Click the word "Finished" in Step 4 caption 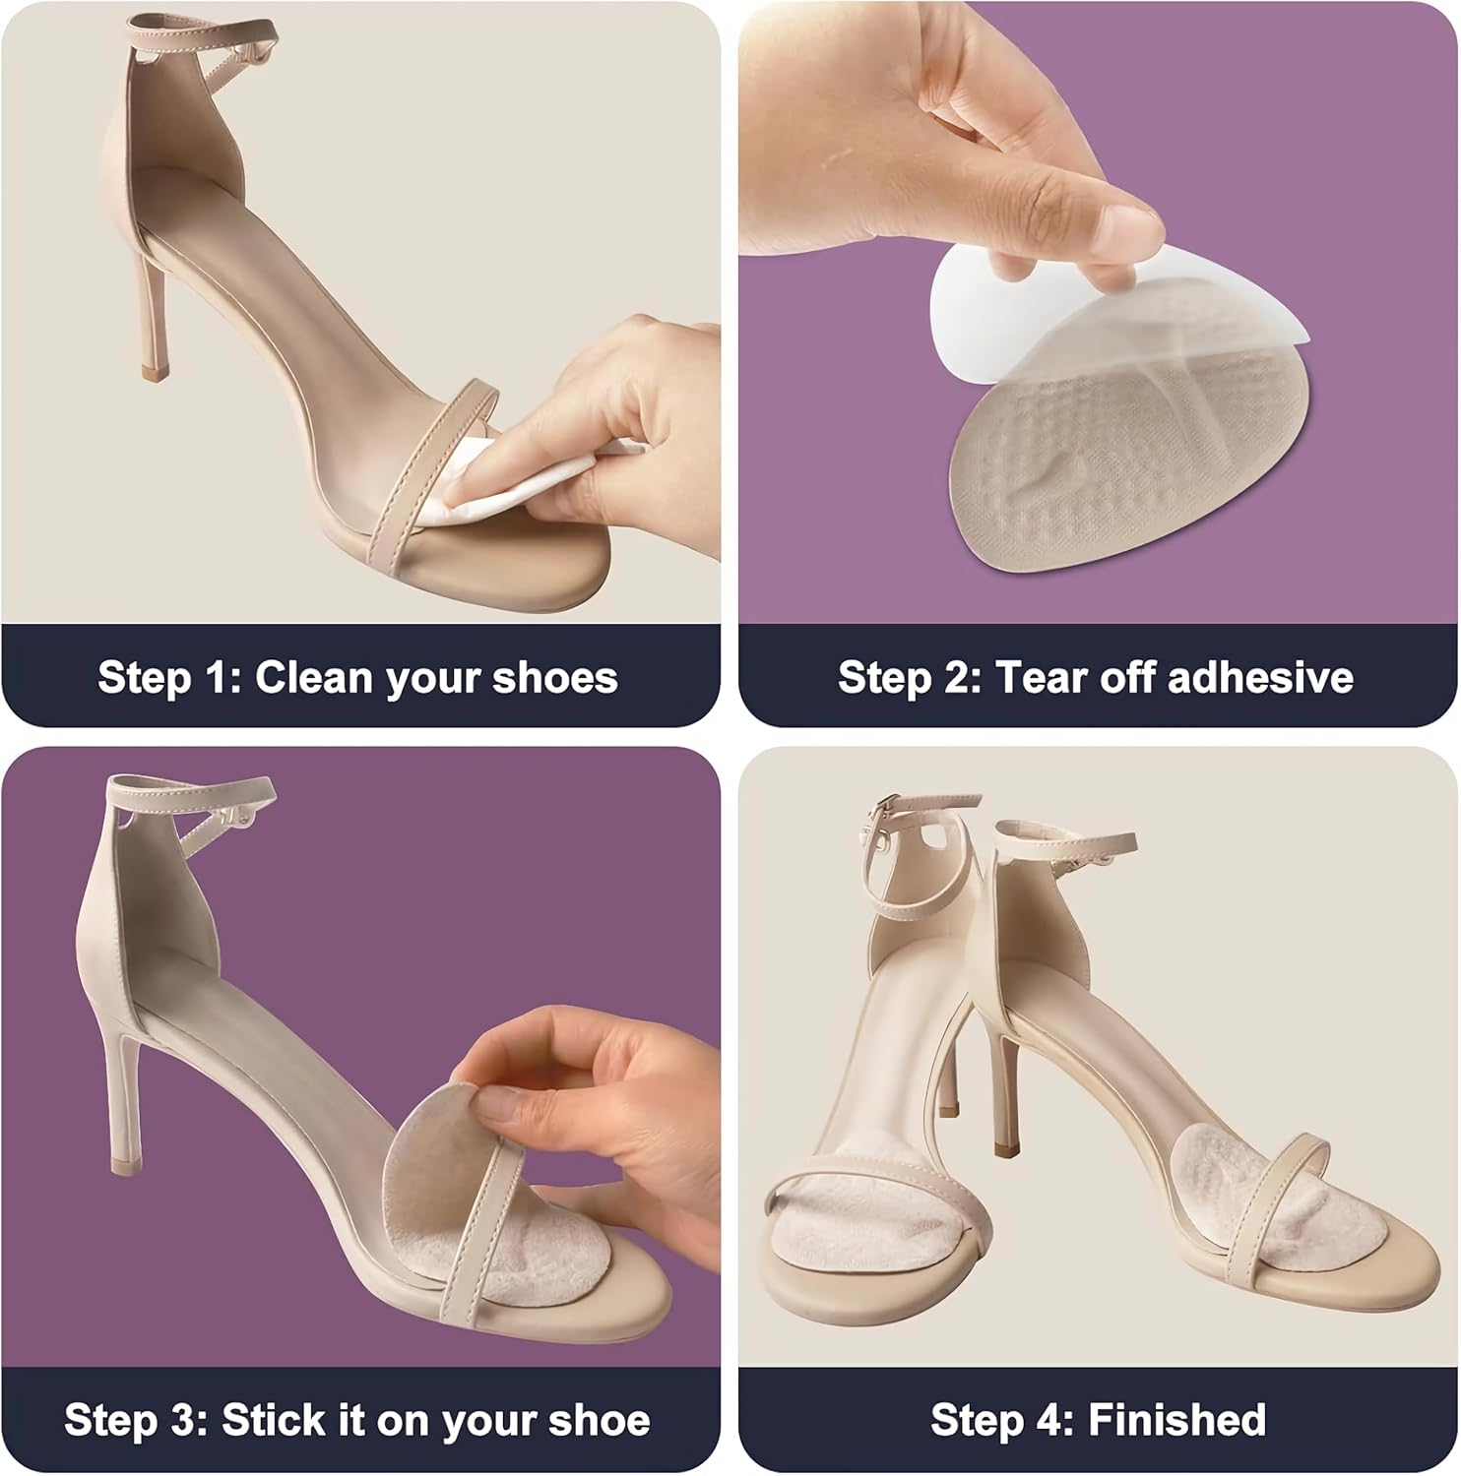coord(1176,1420)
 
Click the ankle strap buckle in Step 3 coord(232,816)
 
